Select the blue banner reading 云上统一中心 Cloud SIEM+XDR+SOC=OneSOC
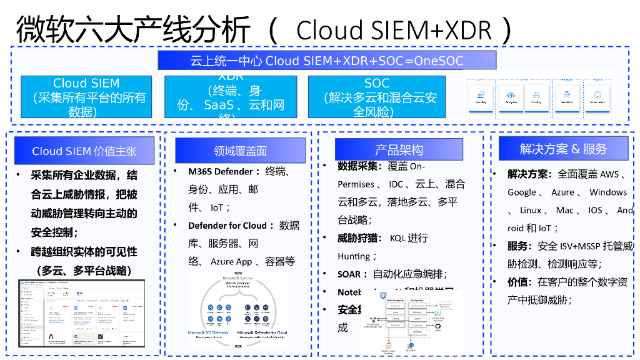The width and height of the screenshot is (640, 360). tap(327, 61)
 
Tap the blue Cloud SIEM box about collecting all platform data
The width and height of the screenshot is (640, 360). tap(86, 97)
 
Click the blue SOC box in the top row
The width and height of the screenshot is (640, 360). tap(376, 97)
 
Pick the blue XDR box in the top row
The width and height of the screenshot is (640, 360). tap(231, 97)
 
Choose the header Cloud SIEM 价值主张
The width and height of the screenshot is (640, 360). tap(84, 151)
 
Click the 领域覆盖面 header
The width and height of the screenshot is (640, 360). tap(240, 151)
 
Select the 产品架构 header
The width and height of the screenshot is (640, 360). tap(399, 150)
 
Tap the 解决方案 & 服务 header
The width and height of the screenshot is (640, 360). tap(563, 149)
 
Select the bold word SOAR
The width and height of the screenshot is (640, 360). tap(349, 274)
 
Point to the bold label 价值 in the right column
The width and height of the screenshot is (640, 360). tap(519, 282)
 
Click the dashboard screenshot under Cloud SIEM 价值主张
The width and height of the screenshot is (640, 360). tap(81, 313)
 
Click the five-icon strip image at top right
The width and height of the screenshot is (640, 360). tap(540, 96)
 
